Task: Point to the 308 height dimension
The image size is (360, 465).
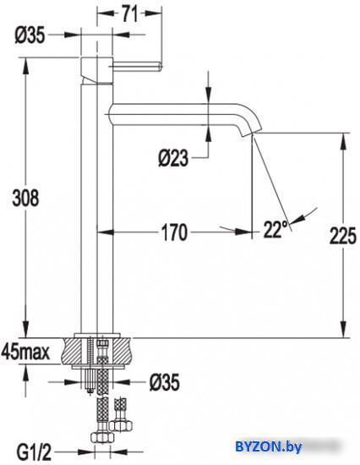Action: tap(26, 197)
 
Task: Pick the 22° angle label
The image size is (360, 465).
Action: tap(275, 227)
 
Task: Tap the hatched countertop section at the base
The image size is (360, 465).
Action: tap(123, 349)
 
